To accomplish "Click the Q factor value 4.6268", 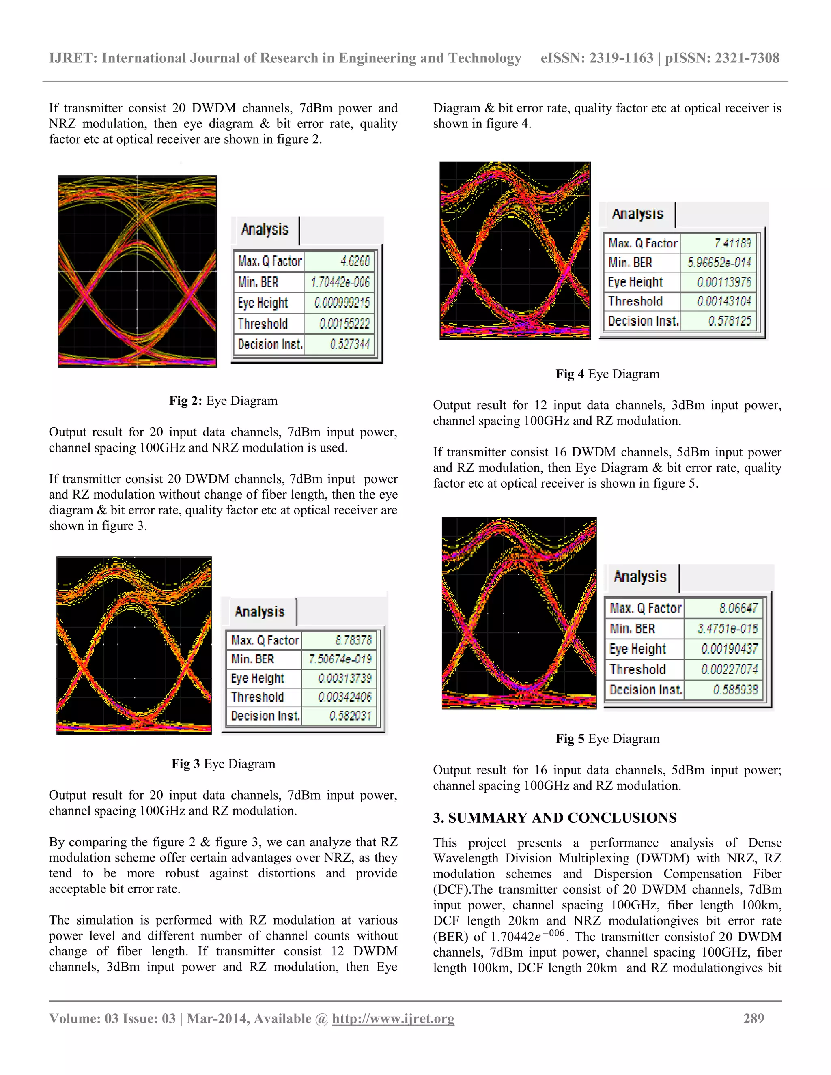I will tap(355, 261).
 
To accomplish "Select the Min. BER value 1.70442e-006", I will tap(340, 282).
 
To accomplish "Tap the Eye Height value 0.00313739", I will tap(344, 678).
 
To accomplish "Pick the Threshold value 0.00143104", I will tap(724, 301).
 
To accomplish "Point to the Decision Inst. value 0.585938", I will tap(736, 690).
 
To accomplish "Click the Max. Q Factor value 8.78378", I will tap(353, 640).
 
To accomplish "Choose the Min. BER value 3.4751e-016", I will tap(727, 628).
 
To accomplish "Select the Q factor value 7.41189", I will tap(732, 243).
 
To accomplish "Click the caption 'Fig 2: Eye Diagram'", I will tap(223, 401).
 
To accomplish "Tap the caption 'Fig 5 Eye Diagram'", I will tap(607, 738).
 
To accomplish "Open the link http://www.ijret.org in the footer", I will tap(393, 1018).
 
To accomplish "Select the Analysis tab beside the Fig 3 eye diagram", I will tap(259, 611).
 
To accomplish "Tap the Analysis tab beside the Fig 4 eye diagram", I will tap(637, 214).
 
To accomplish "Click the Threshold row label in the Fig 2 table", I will tap(263, 324).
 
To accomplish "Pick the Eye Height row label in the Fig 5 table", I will tap(637, 649).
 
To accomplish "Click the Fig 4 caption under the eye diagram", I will tap(607, 374).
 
